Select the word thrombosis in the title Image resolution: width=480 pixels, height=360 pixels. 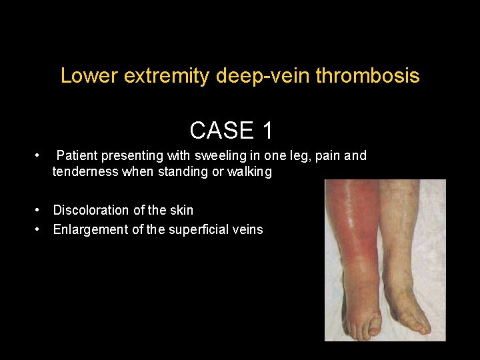click(x=367, y=76)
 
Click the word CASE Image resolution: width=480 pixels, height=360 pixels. click(x=221, y=130)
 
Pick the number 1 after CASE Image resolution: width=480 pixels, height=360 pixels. click(x=267, y=130)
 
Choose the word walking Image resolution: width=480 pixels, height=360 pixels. click(x=249, y=172)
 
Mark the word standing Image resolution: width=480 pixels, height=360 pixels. click(x=185, y=172)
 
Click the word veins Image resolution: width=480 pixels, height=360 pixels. click(x=247, y=229)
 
